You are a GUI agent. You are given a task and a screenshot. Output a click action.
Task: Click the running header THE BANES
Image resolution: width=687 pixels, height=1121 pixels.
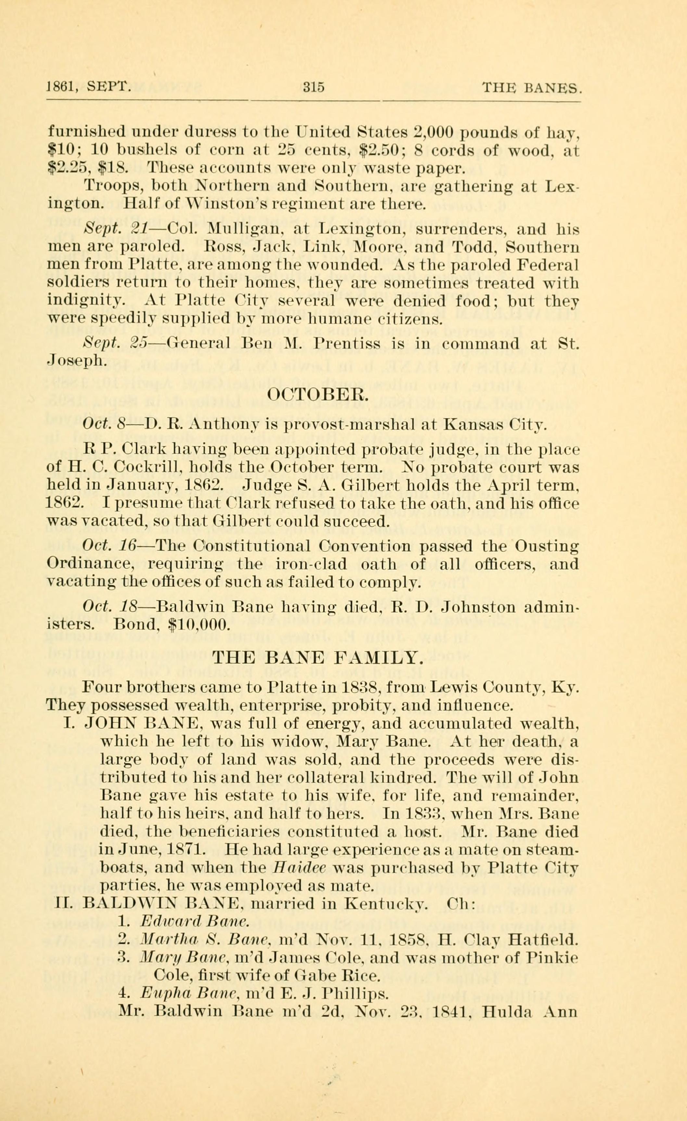coord(531,87)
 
